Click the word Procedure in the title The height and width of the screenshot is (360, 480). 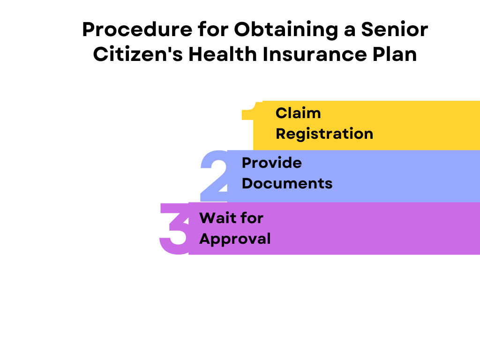click(137, 30)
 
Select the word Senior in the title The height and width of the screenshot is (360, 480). click(395, 30)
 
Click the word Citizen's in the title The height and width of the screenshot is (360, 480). click(138, 54)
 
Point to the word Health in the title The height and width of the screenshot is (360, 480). click(223, 54)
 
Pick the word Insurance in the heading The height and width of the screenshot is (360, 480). click(315, 54)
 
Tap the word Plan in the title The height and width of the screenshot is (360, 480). click(395, 54)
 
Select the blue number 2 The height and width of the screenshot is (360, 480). click(214, 176)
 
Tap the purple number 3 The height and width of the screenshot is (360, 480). click(175, 229)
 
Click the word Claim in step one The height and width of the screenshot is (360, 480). click(298, 113)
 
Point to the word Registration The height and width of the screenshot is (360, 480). click(324, 134)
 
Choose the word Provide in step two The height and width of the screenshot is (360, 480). click(272, 163)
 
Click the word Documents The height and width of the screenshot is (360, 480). click(287, 183)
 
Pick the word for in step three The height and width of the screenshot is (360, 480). click(252, 218)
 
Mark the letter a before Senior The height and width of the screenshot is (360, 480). click(350, 32)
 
